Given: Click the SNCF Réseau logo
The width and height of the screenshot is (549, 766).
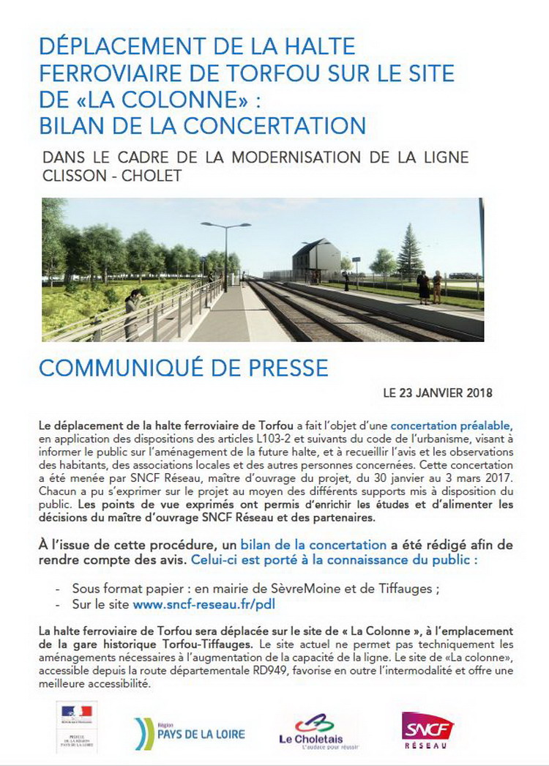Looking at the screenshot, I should [427, 728].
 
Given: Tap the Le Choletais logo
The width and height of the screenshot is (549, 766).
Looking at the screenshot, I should [310, 731].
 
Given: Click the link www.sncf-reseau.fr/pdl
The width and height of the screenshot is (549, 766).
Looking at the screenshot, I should [204, 605].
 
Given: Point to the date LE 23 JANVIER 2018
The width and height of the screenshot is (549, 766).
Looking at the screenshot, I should [438, 393].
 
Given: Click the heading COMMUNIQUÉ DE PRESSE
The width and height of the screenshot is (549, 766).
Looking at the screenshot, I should [183, 367].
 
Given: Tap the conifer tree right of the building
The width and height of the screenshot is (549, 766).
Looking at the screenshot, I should [409, 252].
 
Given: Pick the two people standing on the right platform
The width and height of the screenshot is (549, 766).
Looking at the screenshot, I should [430, 286].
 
